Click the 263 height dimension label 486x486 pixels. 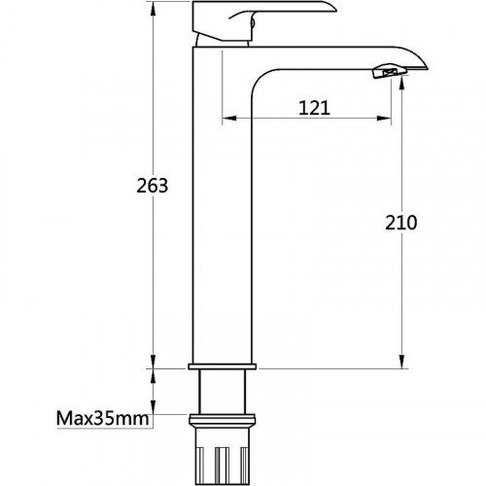[x=153, y=186]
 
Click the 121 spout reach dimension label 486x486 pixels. [x=314, y=108]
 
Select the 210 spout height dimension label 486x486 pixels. [x=401, y=223]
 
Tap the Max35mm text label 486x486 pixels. [x=103, y=418]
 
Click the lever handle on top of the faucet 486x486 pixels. [x=260, y=19]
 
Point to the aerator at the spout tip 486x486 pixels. [x=390, y=71]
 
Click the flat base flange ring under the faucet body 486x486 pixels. [x=223, y=366]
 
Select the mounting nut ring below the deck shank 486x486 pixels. [x=223, y=419]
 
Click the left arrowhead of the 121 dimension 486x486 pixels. [x=229, y=119]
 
